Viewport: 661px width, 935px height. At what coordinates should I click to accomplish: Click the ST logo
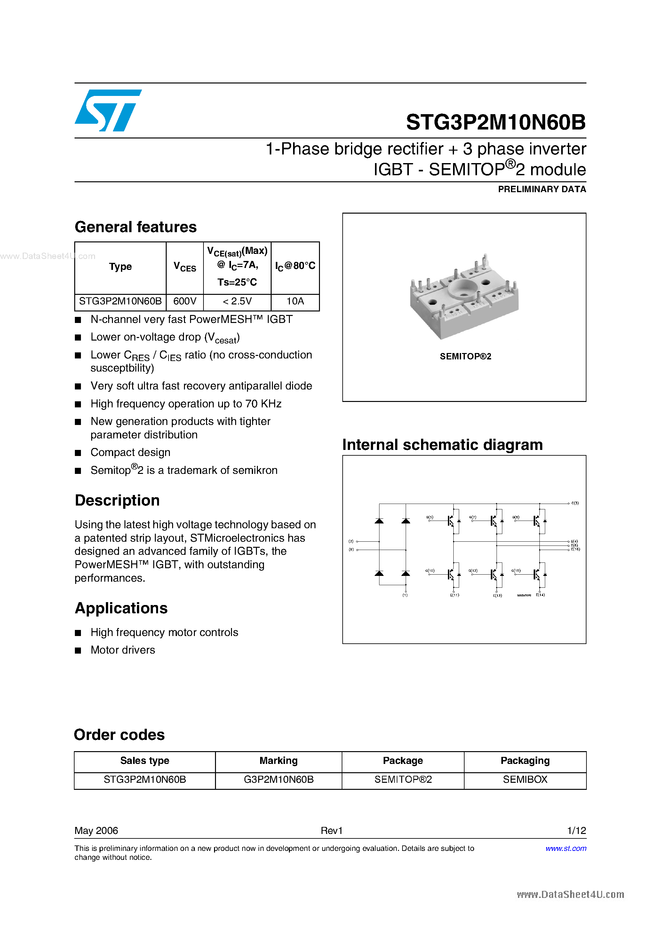click(108, 110)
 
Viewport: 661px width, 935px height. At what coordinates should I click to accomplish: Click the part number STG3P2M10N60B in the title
click(496, 122)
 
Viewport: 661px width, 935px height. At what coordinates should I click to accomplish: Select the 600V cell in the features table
click(185, 301)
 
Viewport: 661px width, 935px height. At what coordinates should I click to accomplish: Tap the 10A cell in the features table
click(295, 301)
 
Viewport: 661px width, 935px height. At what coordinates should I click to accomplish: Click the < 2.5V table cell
click(237, 301)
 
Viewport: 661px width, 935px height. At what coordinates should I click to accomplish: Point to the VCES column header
click(185, 267)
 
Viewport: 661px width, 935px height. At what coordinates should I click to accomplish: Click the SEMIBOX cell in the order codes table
click(525, 780)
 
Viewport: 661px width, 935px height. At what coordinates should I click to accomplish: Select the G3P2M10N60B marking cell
click(278, 780)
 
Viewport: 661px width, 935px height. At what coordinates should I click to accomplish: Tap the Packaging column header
click(525, 761)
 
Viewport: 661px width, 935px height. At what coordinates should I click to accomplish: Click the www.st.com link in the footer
click(566, 848)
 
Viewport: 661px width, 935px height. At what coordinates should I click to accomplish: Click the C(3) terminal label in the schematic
click(575, 503)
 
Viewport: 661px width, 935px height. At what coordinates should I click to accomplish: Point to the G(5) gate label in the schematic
click(430, 517)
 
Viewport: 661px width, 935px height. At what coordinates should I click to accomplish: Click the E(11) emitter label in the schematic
click(454, 595)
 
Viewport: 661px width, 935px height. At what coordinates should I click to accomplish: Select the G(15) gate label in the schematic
click(516, 570)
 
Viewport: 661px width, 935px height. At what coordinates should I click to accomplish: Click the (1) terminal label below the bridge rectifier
click(405, 595)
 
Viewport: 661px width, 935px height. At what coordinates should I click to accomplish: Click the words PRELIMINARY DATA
click(542, 189)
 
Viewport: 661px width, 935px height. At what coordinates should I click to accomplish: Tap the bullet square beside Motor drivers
click(78, 650)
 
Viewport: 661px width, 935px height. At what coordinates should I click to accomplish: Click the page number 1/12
click(576, 831)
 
